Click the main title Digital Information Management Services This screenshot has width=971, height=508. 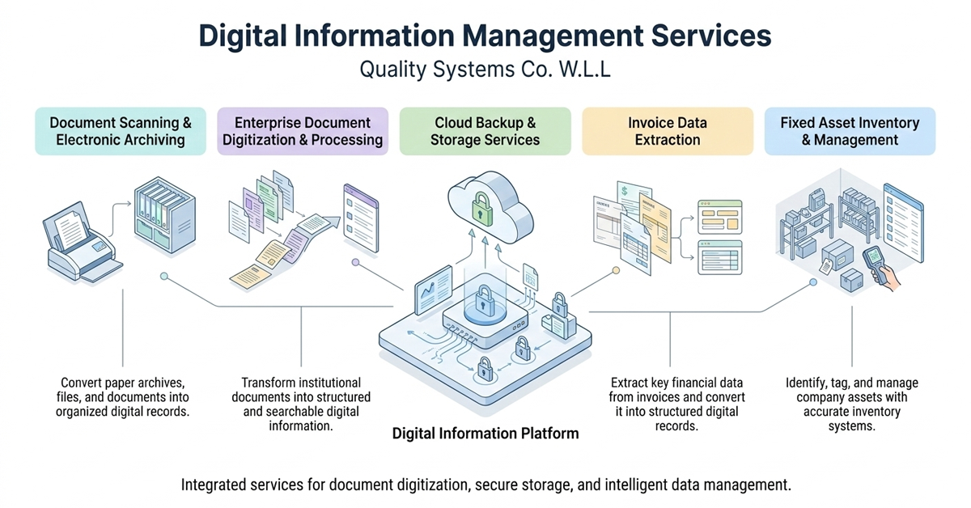pyautogui.click(x=485, y=37)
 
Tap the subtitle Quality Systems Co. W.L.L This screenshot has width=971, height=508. pyautogui.click(x=485, y=70)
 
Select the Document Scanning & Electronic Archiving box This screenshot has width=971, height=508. pyautogui.click(x=121, y=131)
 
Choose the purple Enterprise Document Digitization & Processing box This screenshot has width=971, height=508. pyautogui.click(x=303, y=131)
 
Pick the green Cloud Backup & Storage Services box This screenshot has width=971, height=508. pyautogui.click(x=485, y=131)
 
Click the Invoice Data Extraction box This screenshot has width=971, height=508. pyautogui.click(x=668, y=131)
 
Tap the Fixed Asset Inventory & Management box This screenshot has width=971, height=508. pyautogui.click(x=850, y=131)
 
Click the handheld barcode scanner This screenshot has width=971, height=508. pyautogui.click(x=876, y=262)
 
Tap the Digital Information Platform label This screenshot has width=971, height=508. pyautogui.click(x=485, y=434)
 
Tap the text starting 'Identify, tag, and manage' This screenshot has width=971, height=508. pyautogui.click(x=852, y=404)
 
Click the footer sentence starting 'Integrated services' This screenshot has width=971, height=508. pyautogui.click(x=485, y=485)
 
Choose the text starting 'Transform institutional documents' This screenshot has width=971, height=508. pyautogui.click(x=301, y=404)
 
